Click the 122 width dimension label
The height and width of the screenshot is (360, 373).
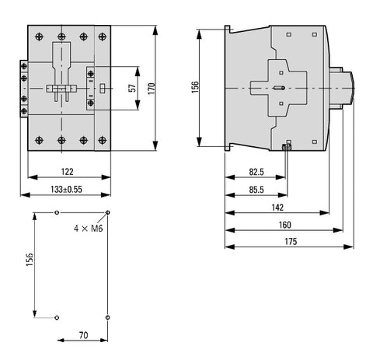click(x=67, y=172)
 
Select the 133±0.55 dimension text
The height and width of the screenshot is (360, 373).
click(x=66, y=189)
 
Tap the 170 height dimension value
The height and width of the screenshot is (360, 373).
click(x=152, y=89)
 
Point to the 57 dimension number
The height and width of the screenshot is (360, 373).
click(x=132, y=88)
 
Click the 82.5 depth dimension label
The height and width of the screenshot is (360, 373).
click(x=256, y=172)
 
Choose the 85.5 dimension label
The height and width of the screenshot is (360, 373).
click(x=256, y=190)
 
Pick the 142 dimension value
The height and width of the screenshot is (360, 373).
click(x=277, y=208)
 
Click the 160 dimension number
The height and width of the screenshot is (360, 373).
click(x=285, y=225)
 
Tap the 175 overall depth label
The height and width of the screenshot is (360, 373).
click(x=291, y=241)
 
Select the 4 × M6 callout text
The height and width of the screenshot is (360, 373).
click(x=89, y=229)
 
